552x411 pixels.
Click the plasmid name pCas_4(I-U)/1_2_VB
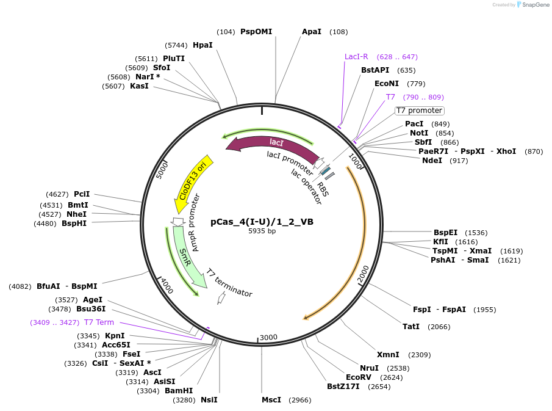click(262, 222)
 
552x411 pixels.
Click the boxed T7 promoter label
click(419, 111)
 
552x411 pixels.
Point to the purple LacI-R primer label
click(356, 57)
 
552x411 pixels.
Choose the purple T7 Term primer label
click(99, 322)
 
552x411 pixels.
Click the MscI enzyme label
click(271, 400)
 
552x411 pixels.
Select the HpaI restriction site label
click(203, 45)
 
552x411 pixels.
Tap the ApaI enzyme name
click(311, 32)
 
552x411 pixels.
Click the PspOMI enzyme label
click(256, 32)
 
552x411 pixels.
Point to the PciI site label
click(82, 194)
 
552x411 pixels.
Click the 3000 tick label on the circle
click(268, 337)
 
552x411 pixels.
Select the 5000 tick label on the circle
click(162, 169)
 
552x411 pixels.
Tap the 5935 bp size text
click(262, 231)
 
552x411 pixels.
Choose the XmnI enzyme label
click(388, 355)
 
